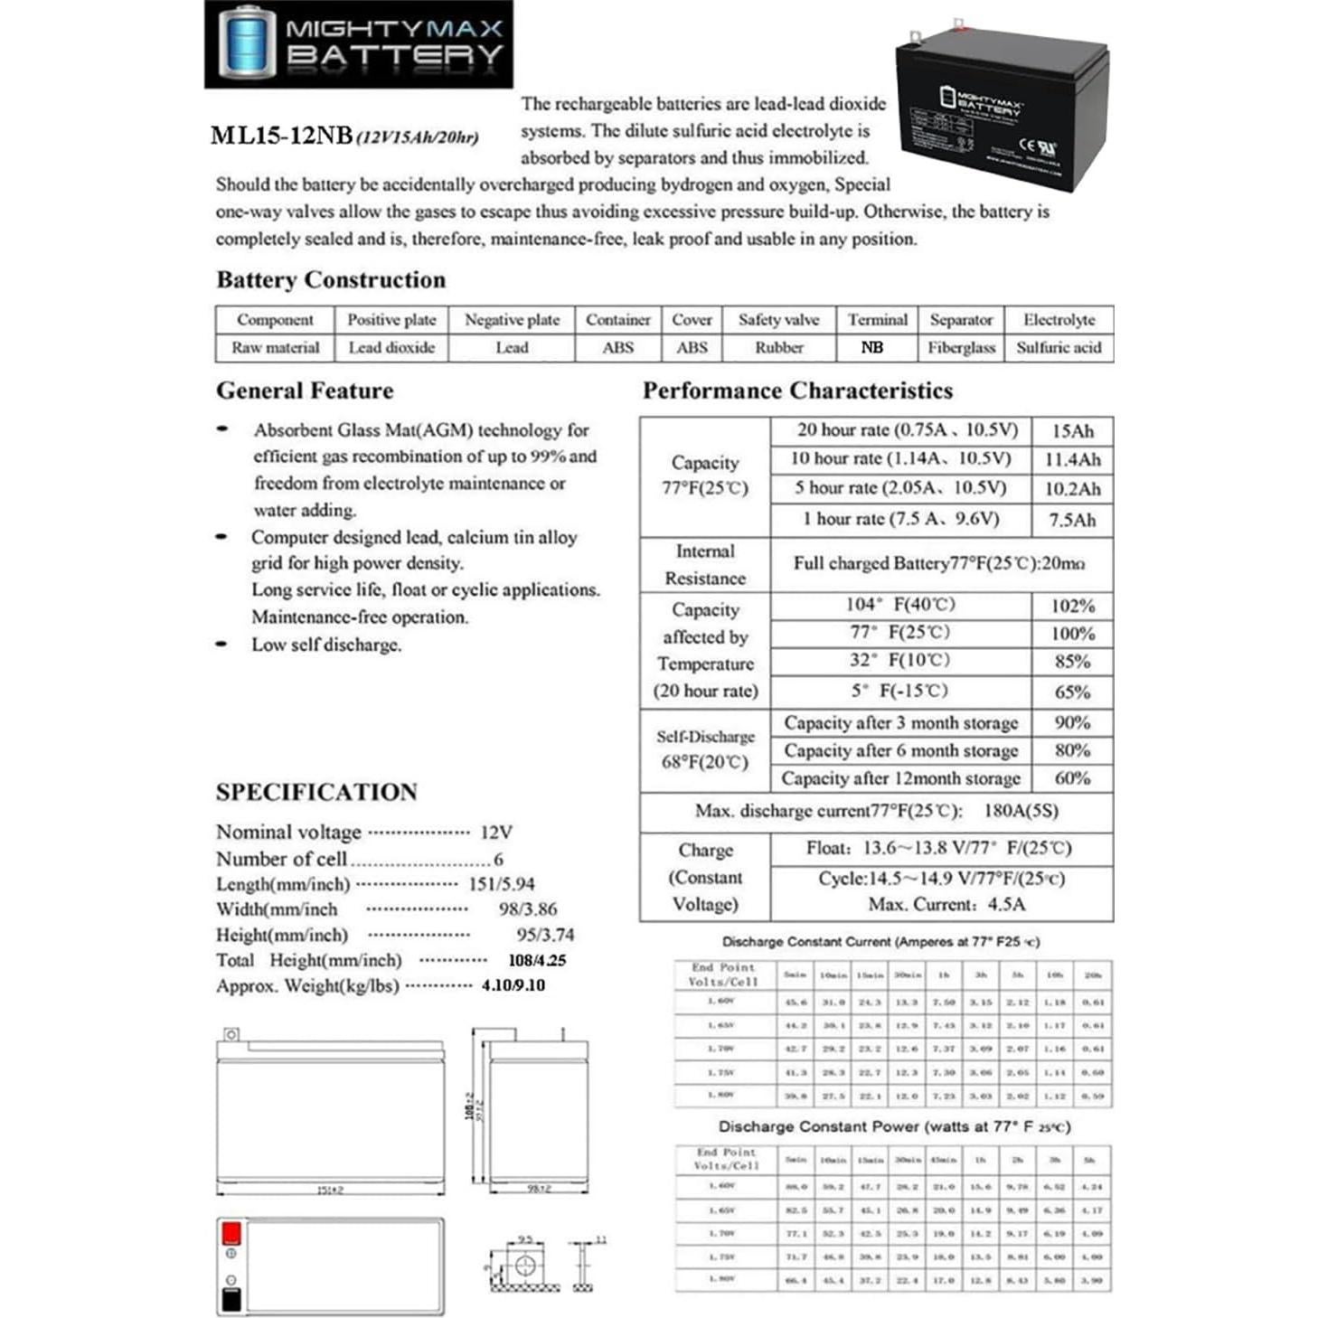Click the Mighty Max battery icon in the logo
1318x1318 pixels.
pyautogui.click(x=245, y=42)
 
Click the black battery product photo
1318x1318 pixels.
pyautogui.click(x=1001, y=107)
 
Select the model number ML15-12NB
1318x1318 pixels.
pyautogui.click(x=281, y=136)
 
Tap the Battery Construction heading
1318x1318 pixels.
pyautogui.click(x=331, y=280)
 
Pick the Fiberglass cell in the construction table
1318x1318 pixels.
pyautogui.click(x=961, y=347)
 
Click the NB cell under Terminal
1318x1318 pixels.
pyautogui.click(x=872, y=347)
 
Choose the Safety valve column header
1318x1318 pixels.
pyautogui.click(x=778, y=320)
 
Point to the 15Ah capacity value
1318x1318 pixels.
pyautogui.click(x=1072, y=431)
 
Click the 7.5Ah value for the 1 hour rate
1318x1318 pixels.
pyautogui.click(x=1072, y=520)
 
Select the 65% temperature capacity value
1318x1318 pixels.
pyautogui.click(x=1072, y=692)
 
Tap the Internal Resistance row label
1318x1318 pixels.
pyautogui.click(x=705, y=564)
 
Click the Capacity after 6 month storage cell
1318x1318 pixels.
pyautogui.click(x=900, y=750)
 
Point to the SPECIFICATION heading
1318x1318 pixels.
pyautogui.click(x=316, y=792)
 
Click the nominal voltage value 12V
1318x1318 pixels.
pyautogui.click(x=496, y=832)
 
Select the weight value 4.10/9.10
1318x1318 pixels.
pyautogui.click(x=513, y=985)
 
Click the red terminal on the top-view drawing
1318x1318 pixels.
pyautogui.click(x=231, y=1233)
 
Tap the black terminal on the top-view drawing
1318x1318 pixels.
pyautogui.click(x=231, y=1299)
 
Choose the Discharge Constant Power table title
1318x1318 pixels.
pyautogui.click(x=894, y=1127)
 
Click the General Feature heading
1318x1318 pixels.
pyautogui.click(x=305, y=391)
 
